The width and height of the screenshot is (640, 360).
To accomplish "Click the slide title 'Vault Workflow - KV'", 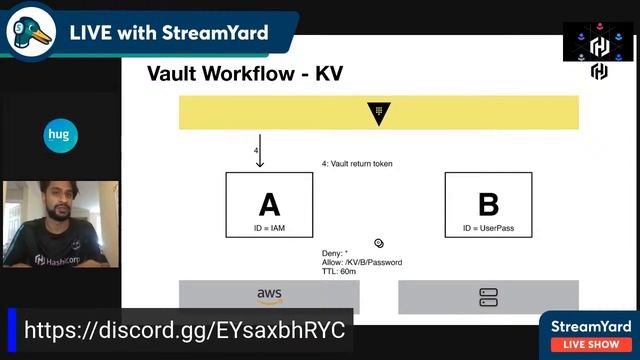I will coord(244,73).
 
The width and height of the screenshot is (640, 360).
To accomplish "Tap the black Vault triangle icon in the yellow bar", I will coord(379,112).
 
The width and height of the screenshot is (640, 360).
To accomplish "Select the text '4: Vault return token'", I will coord(357,163).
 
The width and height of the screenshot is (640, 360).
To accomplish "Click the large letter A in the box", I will coord(269,204).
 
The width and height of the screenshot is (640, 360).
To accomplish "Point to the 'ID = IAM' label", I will coord(269,230).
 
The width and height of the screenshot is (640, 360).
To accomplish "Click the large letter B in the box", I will coord(488,204).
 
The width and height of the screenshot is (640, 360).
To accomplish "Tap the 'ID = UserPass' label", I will coord(488,230).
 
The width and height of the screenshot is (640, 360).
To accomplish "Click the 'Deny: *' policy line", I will coord(335,253).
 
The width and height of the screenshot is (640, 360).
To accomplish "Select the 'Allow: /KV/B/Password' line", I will coord(362,262).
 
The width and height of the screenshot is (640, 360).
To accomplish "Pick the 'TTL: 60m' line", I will coord(340,271).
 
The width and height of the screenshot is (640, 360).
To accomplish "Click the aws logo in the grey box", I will coord(269,296).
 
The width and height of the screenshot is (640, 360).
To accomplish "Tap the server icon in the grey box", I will coord(488,297).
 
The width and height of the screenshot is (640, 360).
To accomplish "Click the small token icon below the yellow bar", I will coord(379,243).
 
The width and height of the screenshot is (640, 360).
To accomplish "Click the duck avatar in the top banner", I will coord(29,34).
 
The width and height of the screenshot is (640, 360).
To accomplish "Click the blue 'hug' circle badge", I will coord(61,134).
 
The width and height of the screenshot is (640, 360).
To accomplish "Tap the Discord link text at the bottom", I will coord(184,330).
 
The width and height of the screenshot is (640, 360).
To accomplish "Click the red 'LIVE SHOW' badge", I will coord(591,344).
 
